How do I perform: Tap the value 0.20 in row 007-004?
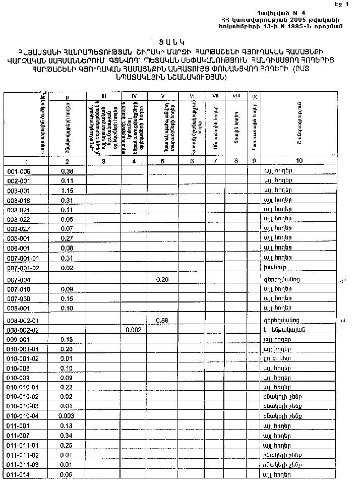tap(162, 279)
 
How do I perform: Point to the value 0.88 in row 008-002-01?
tap(162, 320)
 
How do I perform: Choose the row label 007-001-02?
tap(23, 267)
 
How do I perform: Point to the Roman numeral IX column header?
tap(254, 96)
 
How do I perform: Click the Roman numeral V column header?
tap(163, 95)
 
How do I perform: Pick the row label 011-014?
tap(19, 474)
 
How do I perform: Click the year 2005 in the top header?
tap(298, 19)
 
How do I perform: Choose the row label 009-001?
tap(19, 339)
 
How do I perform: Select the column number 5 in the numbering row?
tap(163, 161)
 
